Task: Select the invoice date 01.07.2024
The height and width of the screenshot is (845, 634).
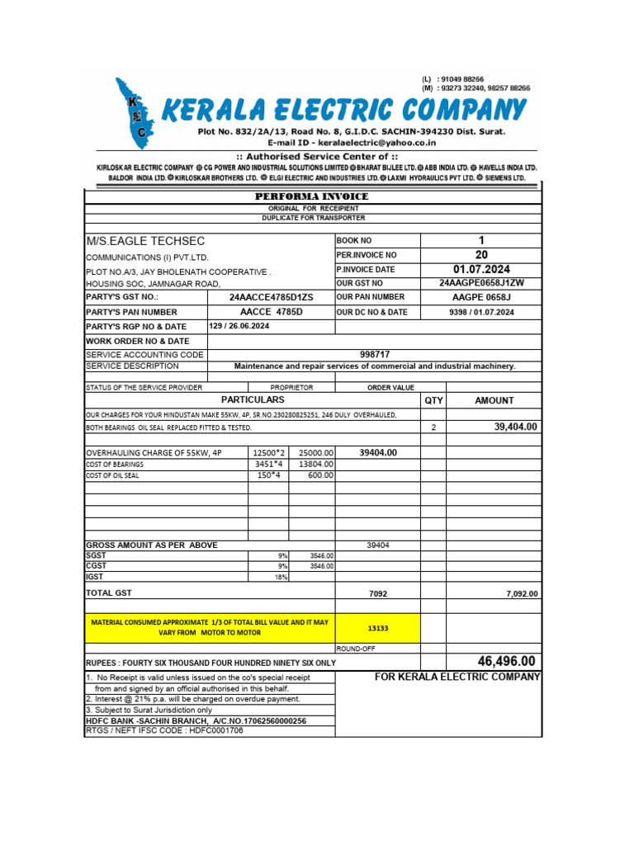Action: [x=482, y=269]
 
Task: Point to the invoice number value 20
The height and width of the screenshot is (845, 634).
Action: [x=482, y=255]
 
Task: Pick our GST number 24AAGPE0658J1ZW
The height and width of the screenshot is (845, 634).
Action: [x=482, y=283]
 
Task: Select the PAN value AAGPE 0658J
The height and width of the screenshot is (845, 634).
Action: [x=482, y=297]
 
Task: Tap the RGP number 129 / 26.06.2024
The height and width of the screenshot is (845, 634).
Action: [x=239, y=326]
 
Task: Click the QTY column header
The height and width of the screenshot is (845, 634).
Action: [x=433, y=400]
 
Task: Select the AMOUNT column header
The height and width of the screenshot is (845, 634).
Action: [x=494, y=400]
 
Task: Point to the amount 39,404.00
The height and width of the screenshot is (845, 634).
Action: [x=515, y=427]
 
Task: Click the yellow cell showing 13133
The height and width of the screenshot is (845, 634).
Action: [x=378, y=628]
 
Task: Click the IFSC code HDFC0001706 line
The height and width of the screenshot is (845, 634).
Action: [x=164, y=730]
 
